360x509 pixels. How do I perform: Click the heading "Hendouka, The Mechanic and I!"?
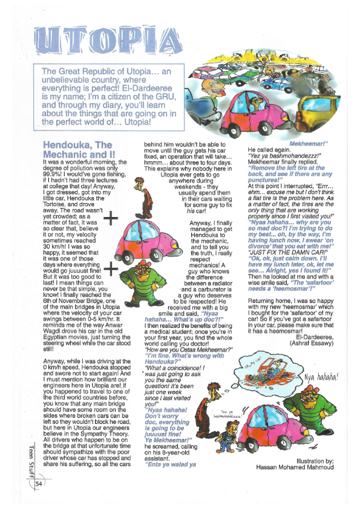[79, 150]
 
